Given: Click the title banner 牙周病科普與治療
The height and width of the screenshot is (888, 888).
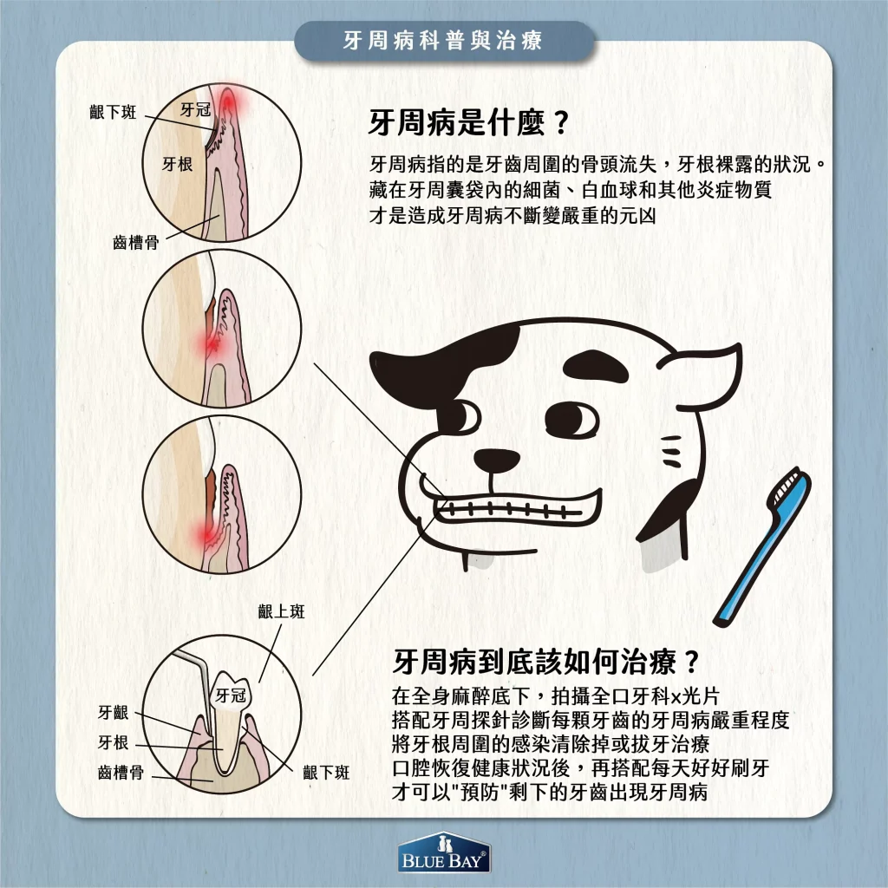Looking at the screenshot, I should pos(443,42).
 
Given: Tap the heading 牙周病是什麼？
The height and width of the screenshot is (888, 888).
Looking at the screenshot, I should pos(469,122).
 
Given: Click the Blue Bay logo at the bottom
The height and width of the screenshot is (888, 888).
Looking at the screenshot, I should pos(443,854).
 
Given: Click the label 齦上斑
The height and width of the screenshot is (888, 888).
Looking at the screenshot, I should pos(282,612).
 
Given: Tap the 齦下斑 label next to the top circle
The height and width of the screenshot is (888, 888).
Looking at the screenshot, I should pos(113,114).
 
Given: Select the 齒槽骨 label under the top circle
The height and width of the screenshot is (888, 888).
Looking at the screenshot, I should pos(135,244).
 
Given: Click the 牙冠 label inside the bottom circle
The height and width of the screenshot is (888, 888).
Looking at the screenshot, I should pos(232,695).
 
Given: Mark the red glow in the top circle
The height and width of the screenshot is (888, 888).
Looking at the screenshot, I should pos(230,105).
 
